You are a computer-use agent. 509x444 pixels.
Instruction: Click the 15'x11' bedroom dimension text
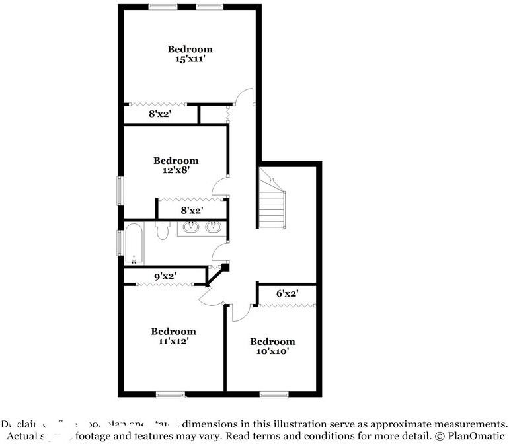pyautogui.click(x=190, y=59)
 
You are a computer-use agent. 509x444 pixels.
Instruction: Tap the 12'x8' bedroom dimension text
pyautogui.click(x=176, y=170)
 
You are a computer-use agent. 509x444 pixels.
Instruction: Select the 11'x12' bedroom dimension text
pyautogui.click(x=173, y=342)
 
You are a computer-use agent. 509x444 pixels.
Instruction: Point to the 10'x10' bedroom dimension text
pyautogui.click(x=272, y=351)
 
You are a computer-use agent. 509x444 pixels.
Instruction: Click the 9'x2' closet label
pyautogui.click(x=165, y=276)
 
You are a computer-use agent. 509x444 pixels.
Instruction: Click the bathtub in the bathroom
pyautogui.click(x=134, y=241)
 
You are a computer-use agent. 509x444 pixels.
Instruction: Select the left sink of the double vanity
pyautogui.click(x=192, y=228)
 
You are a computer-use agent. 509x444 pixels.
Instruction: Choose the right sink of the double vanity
pyautogui.click(x=213, y=228)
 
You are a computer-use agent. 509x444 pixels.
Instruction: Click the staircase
pyautogui.click(x=272, y=202)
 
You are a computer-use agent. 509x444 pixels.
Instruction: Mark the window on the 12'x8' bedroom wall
pyautogui.click(x=120, y=191)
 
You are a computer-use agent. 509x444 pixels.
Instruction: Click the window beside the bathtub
pyautogui.click(x=120, y=242)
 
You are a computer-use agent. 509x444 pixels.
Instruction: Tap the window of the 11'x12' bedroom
pyautogui.click(x=171, y=395)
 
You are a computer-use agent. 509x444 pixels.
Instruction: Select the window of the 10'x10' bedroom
pyautogui.click(x=274, y=395)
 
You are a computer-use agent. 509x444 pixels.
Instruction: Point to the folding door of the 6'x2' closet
pyautogui.click(x=288, y=305)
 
